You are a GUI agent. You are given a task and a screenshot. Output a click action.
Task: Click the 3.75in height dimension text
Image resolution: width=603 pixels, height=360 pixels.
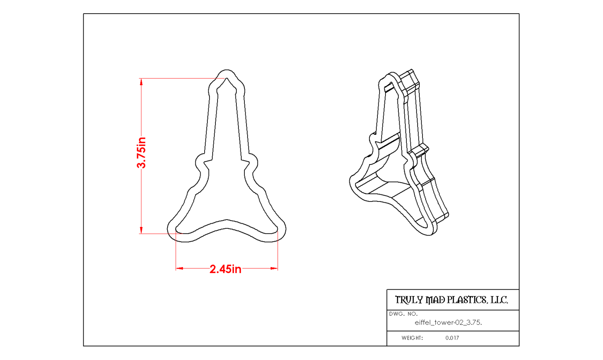[142, 153]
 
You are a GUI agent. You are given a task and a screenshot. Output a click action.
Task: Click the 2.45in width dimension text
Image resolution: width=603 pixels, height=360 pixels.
[225, 269]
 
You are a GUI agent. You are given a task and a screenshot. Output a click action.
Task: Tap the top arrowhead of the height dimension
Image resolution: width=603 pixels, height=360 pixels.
[142, 82]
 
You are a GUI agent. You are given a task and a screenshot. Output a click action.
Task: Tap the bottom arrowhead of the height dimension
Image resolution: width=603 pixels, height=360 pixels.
[142, 230]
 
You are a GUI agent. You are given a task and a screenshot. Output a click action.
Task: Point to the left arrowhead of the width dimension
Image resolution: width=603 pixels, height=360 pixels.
[180, 268]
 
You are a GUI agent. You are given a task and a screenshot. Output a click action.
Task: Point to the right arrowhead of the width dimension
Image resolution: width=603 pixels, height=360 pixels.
[274, 268]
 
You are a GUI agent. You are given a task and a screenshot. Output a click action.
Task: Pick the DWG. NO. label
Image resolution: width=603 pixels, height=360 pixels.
[403, 314]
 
